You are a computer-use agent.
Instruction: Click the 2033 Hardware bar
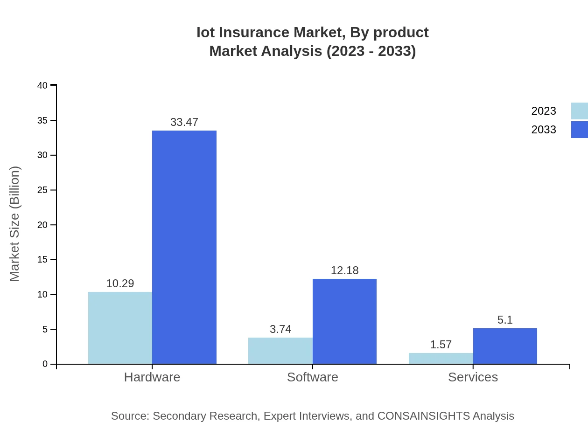tap(184, 247)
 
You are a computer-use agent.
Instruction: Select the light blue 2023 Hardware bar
tap(120, 328)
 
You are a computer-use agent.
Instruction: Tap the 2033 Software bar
tap(344, 321)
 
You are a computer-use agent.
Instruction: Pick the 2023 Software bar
tap(280, 351)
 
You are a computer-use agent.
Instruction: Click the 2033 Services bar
tap(505, 346)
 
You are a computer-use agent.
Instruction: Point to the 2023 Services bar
tap(441, 358)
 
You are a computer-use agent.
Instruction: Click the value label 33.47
tap(184, 122)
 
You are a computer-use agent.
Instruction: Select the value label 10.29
tap(120, 284)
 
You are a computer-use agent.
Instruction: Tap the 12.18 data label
tap(344, 270)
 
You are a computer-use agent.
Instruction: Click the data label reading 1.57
tap(441, 345)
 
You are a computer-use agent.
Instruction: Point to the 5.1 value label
tap(505, 320)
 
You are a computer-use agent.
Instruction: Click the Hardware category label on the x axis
tap(152, 377)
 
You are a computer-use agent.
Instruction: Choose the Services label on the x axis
tap(473, 377)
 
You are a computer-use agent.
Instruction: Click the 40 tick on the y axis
tap(42, 85)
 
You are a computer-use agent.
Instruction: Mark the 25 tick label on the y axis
tap(42, 190)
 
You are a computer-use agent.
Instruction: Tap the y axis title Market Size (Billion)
tap(14, 224)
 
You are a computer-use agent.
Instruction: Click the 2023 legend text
tap(544, 111)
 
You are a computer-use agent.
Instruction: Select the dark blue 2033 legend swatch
tap(579, 130)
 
